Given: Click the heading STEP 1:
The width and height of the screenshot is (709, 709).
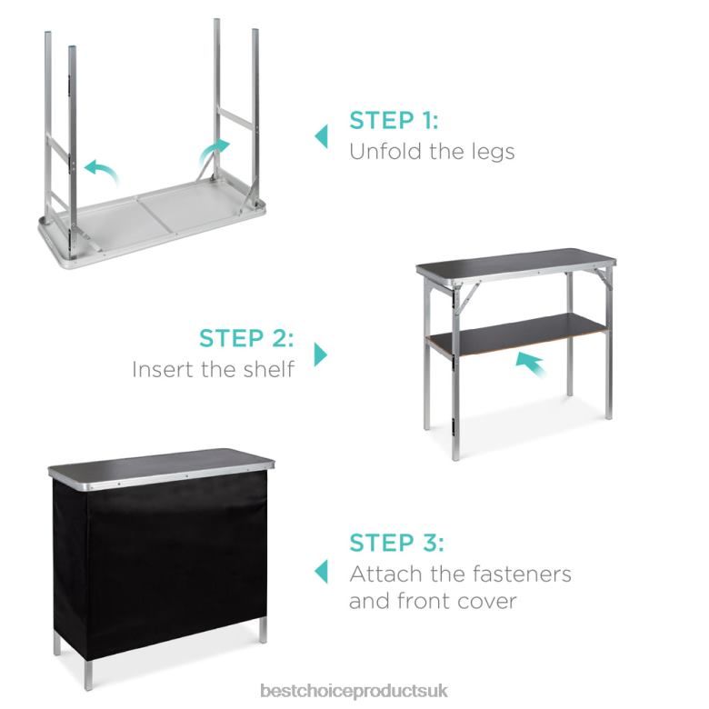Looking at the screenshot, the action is pos(394,120).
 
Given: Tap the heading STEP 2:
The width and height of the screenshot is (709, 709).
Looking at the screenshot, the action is pos(246,338).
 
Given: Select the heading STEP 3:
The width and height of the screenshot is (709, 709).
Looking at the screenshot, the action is pos(396,543).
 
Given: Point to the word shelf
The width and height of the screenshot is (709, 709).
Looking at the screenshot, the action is pos(268,369).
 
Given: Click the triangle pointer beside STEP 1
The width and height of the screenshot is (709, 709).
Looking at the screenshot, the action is pos(322,136).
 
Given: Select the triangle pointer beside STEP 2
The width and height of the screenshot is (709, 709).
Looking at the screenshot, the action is pos(321,354).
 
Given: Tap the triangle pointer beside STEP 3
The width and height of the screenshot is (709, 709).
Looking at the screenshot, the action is pos(322,571).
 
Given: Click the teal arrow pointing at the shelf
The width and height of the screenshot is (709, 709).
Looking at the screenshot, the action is pos(531,364).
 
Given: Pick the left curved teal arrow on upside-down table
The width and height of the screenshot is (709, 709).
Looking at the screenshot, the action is pos(102,172).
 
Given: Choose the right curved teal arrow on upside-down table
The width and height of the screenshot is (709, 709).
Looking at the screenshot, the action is pos(214,152).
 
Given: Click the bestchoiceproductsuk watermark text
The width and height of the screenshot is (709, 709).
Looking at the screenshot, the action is pos(354,691).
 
